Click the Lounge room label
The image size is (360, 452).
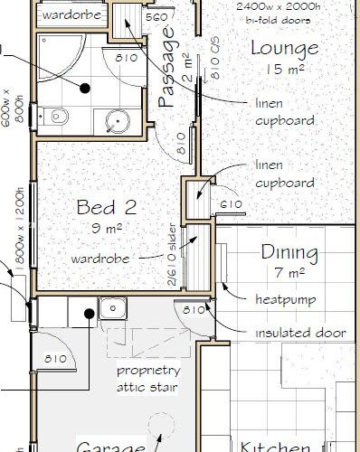click(x=285, y=49)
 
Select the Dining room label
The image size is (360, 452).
click(x=289, y=252)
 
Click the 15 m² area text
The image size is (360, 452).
click(x=285, y=71)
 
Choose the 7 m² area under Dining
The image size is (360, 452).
click(x=289, y=271)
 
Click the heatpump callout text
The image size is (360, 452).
click(x=284, y=297)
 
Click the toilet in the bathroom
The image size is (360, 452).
click(x=59, y=116)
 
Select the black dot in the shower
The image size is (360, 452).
click(x=84, y=88)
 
